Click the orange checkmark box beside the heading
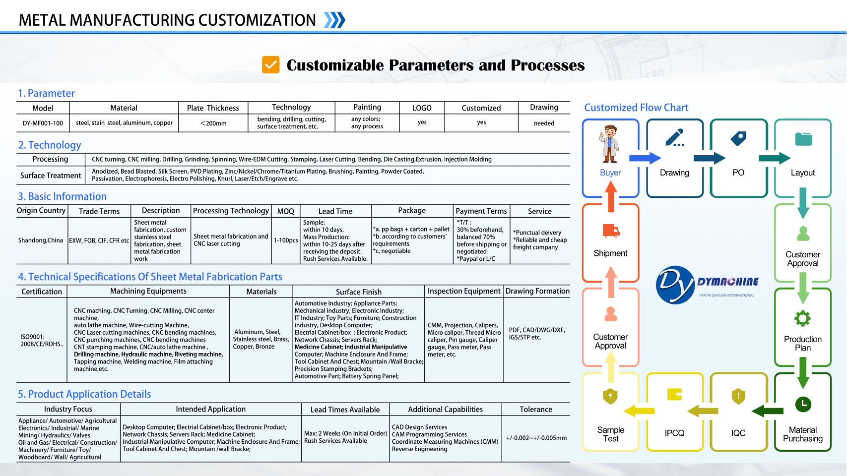pos(270,65)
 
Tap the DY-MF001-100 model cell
pos(43,123)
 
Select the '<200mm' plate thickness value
pos(213,123)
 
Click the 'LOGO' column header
pos(422,108)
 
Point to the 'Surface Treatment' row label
pos(51,176)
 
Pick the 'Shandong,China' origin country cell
pos(41,240)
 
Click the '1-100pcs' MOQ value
pos(286,240)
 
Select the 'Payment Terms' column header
pos(481,211)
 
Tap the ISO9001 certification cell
pos(42,340)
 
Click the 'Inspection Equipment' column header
pos(464,292)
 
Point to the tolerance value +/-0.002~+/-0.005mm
pos(536,438)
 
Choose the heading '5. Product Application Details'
pos(84,394)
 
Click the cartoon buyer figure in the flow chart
pos(610,144)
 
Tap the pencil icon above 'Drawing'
pos(675,138)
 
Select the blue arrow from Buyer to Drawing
pos(645,158)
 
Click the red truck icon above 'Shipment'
pos(611,231)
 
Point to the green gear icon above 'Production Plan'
pos(802,318)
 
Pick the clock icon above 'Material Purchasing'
pos(803,404)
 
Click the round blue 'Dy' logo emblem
pos(675,285)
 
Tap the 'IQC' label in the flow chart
pos(738,433)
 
